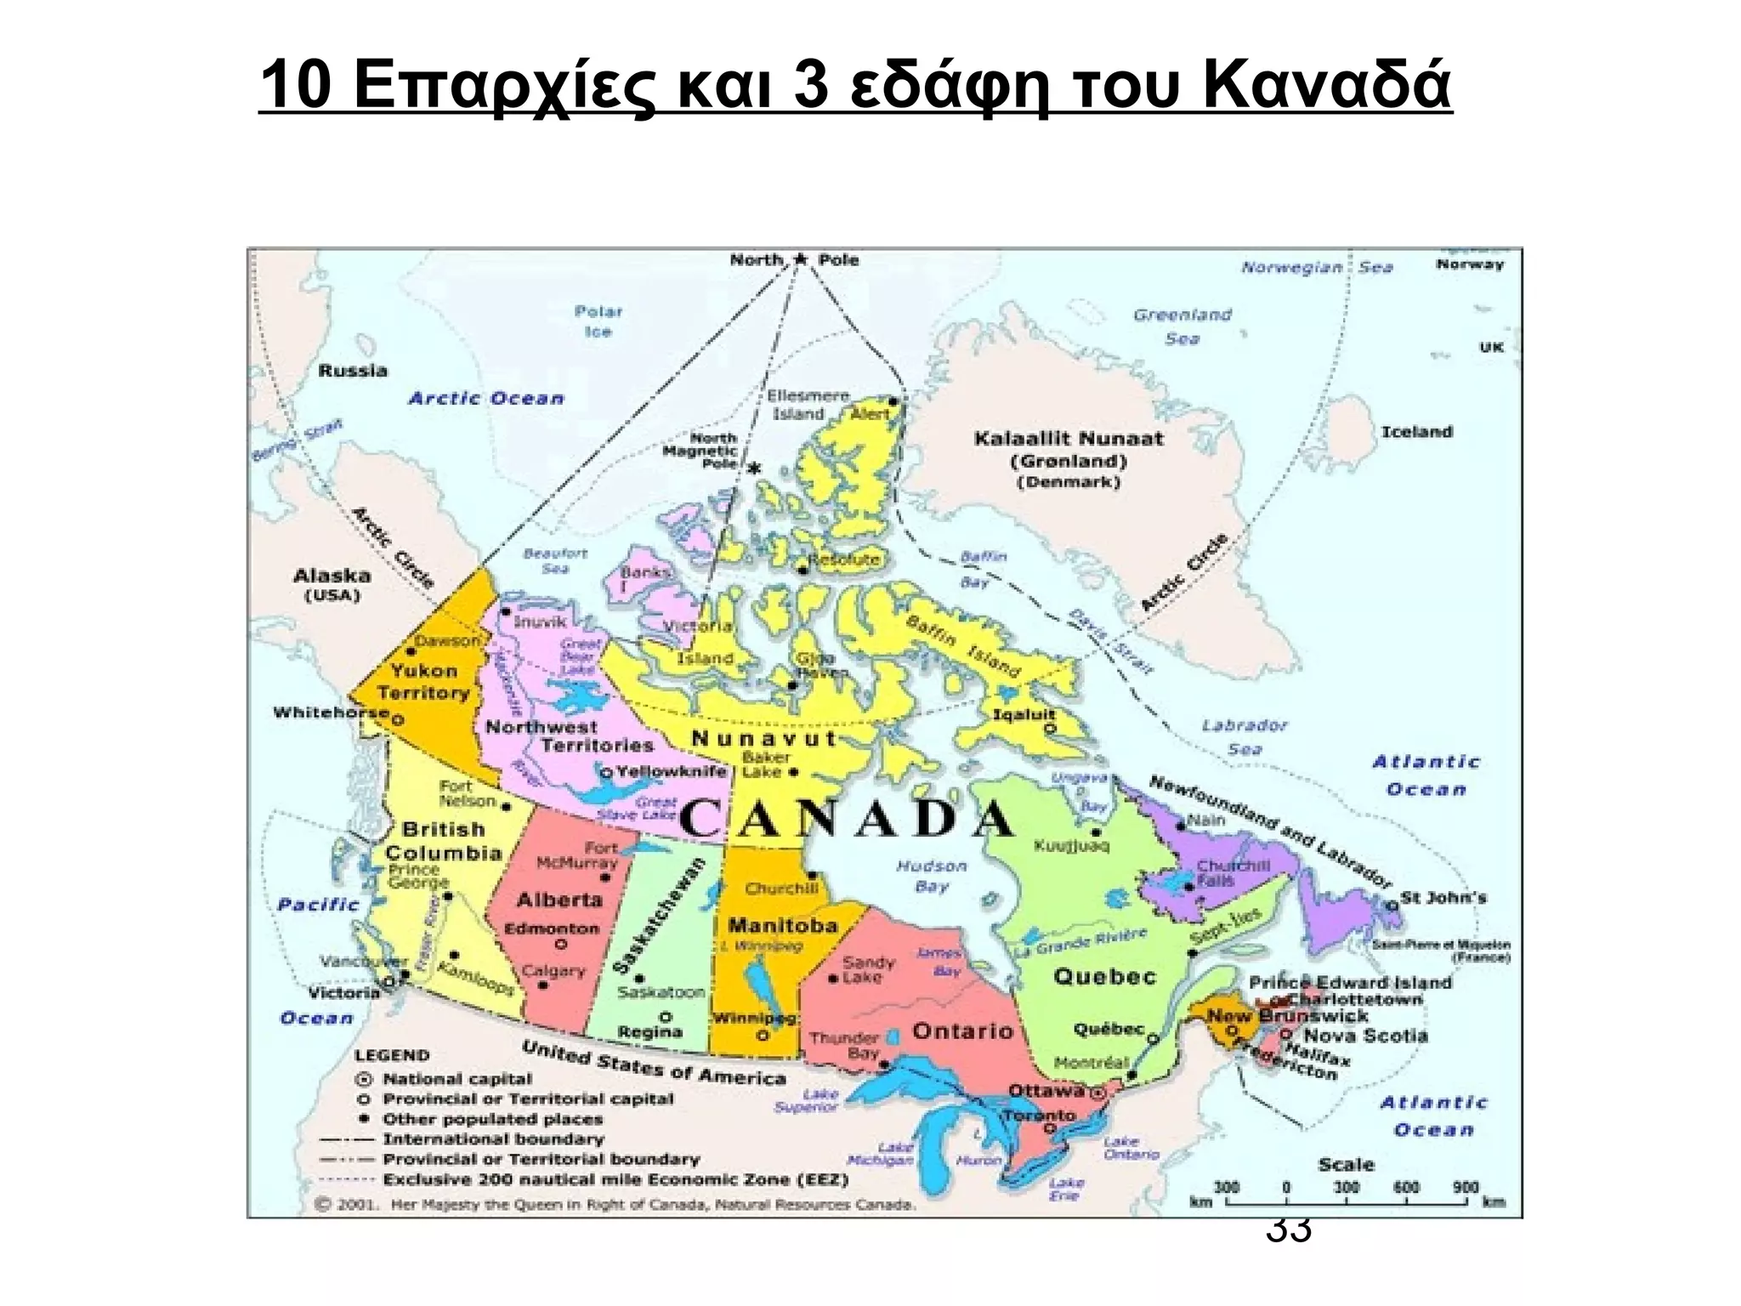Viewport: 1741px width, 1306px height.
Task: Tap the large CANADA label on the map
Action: (847, 818)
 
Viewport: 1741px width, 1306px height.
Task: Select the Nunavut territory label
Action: (763, 738)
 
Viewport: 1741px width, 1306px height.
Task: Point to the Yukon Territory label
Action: (423, 681)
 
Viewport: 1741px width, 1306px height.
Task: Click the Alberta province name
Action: (559, 899)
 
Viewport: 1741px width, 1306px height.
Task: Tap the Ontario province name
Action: (962, 1031)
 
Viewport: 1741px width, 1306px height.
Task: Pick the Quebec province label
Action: (1104, 976)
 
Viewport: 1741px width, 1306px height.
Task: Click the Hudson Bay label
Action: (932, 876)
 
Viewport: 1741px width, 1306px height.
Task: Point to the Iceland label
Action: (1416, 431)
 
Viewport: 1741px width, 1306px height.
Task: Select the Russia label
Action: (353, 370)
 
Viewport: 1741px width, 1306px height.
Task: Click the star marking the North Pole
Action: (799, 258)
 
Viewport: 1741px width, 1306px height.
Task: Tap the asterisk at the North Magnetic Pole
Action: (753, 468)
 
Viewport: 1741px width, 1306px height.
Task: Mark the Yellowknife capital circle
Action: (606, 772)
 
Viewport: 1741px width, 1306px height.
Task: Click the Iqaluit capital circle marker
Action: (1050, 729)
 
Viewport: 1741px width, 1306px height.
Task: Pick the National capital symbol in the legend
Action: (364, 1079)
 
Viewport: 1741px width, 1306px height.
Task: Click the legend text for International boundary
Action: (493, 1138)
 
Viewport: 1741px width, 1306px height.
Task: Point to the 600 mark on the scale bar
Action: (1406, 1187)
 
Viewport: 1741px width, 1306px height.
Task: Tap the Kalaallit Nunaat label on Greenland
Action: (1068, 439)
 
